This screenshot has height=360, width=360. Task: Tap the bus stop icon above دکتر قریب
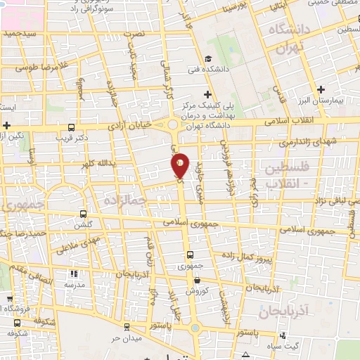point(71,127)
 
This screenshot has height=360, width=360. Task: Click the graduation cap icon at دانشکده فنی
point(207,60)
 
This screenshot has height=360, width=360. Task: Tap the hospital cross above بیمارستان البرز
point(321,89)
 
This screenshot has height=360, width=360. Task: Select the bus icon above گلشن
point(83,214)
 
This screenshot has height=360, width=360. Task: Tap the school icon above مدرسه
point(75,274)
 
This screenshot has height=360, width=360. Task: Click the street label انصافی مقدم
point(32,279)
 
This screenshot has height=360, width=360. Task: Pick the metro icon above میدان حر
point(125,328)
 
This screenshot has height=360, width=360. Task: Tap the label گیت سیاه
point(287,346)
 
